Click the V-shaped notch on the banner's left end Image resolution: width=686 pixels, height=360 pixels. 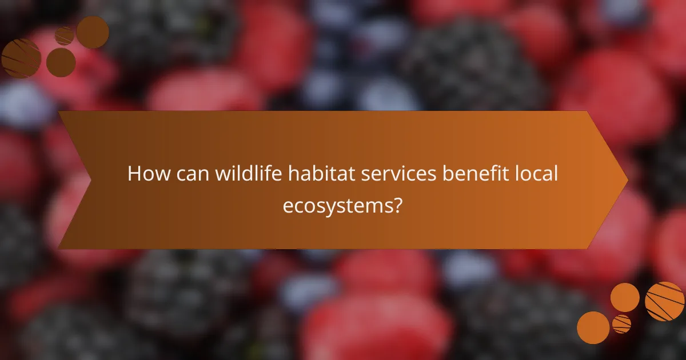point(90,180)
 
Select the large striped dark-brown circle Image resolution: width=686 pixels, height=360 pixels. point(21,58)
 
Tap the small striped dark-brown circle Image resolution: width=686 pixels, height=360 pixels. point(64,36)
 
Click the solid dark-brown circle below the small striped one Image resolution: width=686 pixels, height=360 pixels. point(61,62)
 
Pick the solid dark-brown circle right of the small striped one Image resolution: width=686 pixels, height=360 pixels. point(93,32)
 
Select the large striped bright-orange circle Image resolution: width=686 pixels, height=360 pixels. point(664,301)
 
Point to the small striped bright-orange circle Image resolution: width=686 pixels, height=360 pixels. point(621,323)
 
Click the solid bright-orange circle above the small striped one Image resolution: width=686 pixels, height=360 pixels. point(625,297)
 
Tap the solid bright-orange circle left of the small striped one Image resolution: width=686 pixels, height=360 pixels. point(593,327)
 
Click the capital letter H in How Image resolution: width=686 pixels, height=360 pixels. point(134,174)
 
